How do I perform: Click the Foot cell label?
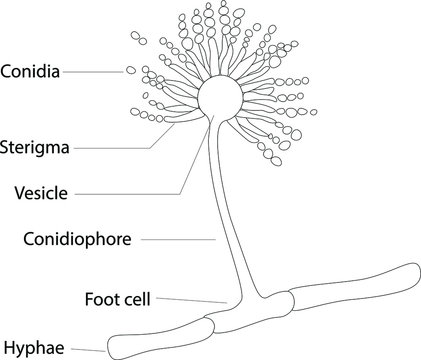121,297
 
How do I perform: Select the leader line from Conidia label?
95,71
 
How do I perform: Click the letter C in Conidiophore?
27,239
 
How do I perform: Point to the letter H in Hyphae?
8,348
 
